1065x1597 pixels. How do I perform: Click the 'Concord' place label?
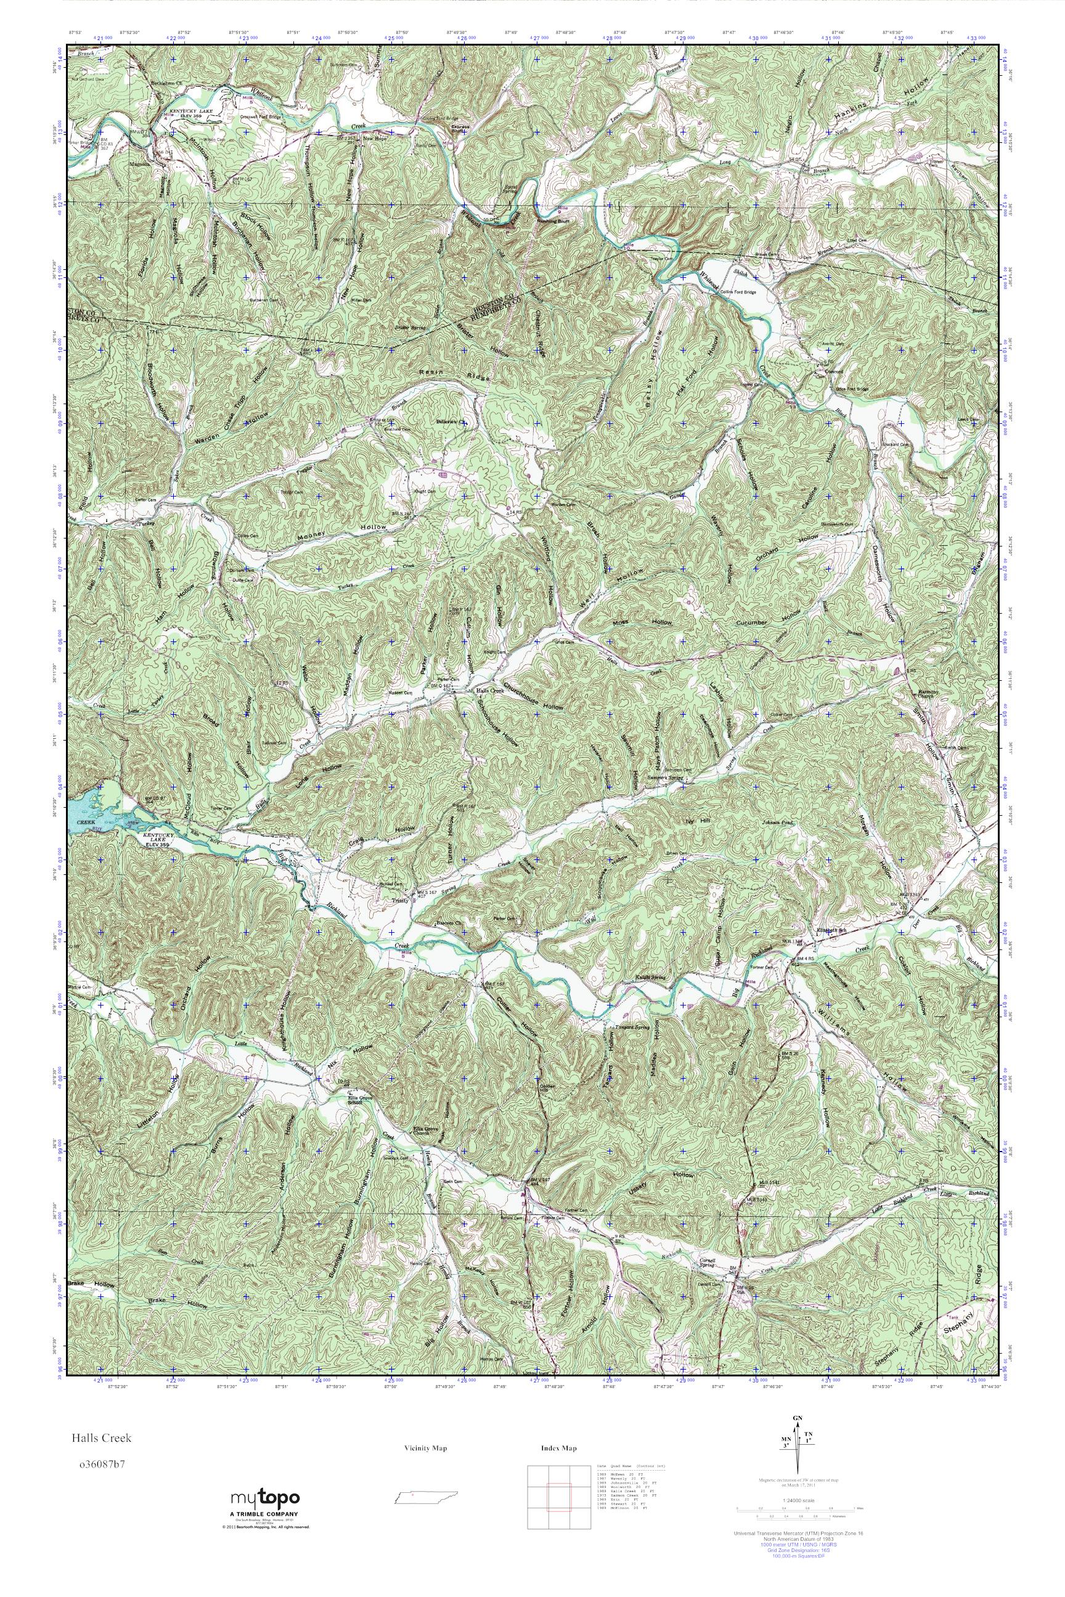click(826, 373)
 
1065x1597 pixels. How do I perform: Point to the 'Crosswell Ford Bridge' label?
click(260, 117)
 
